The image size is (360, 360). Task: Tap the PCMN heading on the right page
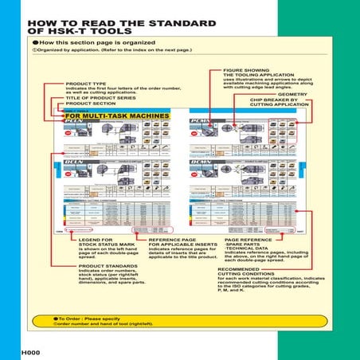[199, 122]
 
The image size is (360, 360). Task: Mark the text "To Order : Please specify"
[88, 318]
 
